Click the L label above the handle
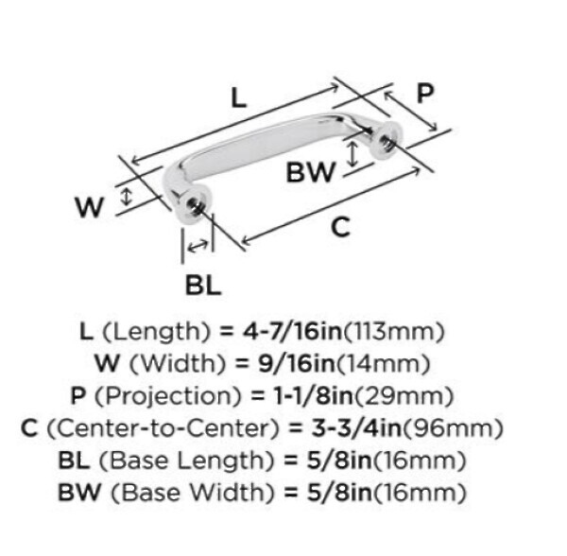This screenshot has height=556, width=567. (x=239, y=98)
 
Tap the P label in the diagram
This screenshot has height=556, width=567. (x=425, y=94)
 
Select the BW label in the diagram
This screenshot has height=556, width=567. (x=311, y=172)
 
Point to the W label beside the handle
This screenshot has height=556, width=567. (x=90, y=207)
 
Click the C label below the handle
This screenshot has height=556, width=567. (x=340, y=227)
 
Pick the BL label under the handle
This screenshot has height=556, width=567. (x=203, y=285)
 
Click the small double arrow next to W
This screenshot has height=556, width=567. (x=126, y=197)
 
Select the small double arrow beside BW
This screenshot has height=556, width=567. (x=352, y=154)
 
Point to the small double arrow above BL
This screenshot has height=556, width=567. (x=198, y=247)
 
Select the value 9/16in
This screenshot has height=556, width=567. (x=297, y=363)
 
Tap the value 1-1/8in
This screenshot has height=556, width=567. (x=313, y=396)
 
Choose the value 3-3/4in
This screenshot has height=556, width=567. (x=356, y=428)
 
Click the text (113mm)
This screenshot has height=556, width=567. (x=393, y=332)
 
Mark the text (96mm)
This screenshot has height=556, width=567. (x=453, y=428)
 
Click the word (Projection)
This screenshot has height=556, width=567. (x=168, y=396)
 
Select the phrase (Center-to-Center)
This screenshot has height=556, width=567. (x=163, y=428)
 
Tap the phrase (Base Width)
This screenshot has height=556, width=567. (x=193, y=493)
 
